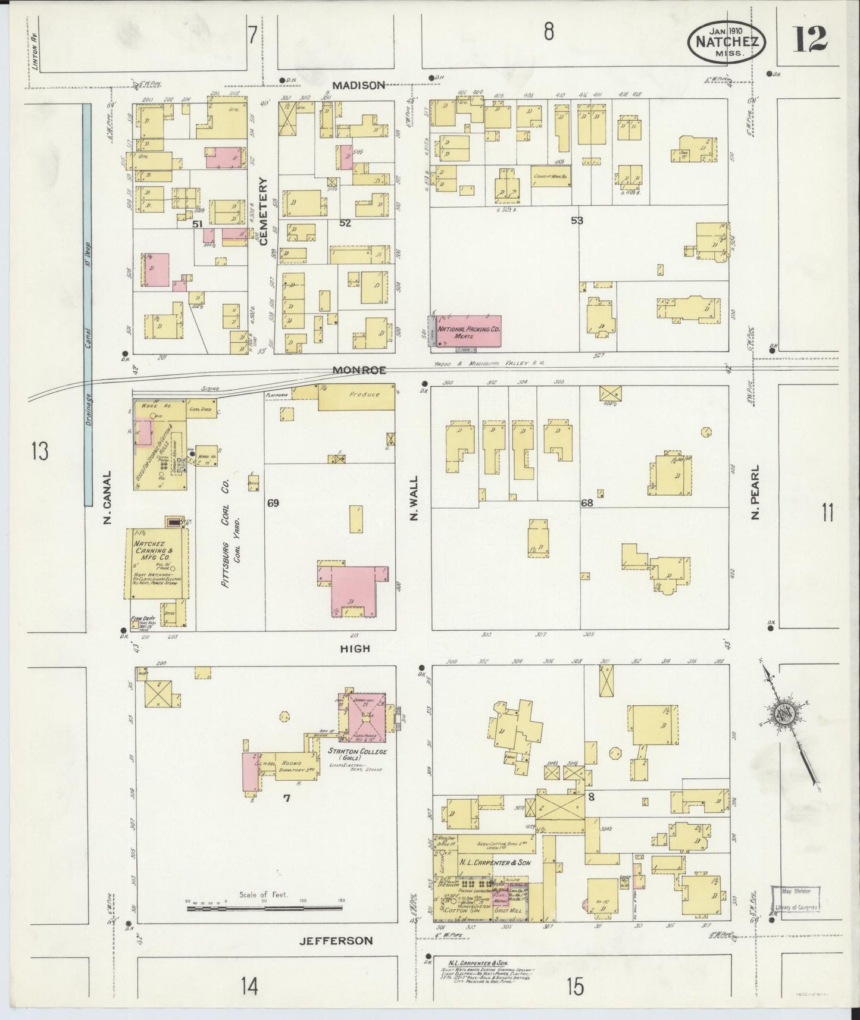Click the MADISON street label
tap(358, 85)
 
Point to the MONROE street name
tap(359, 370)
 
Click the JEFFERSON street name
tap(337, 940)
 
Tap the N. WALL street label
tap(414, 498)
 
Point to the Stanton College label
tap(362, 752)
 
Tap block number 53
tap(576, 220)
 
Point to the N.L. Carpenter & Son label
tap(495, 862)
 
